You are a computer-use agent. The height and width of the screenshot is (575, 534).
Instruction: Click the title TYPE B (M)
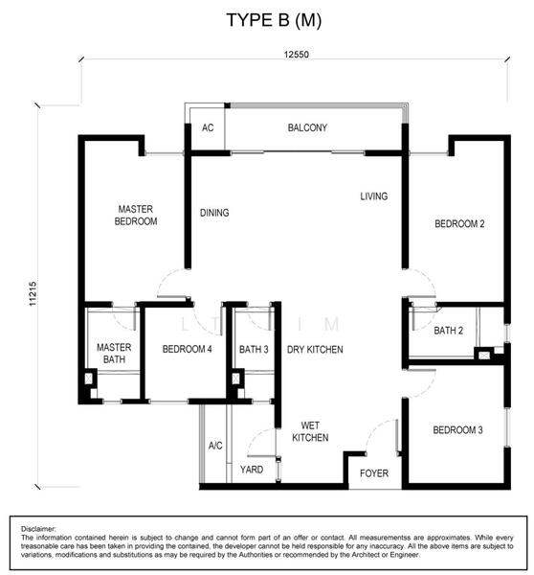click(274, 20)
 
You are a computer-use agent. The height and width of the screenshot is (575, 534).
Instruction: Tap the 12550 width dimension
click(297, 55)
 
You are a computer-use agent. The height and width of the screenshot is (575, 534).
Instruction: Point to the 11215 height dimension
click(33, 294)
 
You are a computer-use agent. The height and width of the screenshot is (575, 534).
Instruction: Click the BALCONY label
click(307, 127)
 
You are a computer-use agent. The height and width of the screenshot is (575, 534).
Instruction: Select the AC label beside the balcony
click(208, 127)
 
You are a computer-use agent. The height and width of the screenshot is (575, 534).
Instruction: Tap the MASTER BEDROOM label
click(136, 216)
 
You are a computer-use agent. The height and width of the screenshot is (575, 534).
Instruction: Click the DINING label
click(214, 213)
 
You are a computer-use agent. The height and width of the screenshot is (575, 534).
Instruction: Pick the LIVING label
click(373, 196)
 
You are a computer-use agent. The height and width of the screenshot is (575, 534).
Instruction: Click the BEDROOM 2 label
click(459, 223)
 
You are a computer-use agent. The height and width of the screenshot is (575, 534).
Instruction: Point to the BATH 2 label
click(448, 331)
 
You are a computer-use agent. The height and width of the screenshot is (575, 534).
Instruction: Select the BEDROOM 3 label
click(457, 429)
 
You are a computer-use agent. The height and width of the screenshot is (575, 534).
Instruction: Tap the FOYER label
click(374, 473)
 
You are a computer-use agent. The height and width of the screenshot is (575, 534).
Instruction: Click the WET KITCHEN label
click(310, 431)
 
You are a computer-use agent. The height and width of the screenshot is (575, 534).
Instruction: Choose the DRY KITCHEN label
click(315, 350)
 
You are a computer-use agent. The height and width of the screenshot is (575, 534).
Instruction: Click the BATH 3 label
click(254, 349)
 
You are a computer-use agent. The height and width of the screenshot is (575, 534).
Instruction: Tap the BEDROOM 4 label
click(187, 349)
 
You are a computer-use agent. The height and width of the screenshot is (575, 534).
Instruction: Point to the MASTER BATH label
click(114, 353)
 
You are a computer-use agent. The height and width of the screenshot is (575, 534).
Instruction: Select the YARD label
click(252, 470)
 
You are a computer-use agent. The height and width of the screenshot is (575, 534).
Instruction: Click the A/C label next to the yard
click(215, 446)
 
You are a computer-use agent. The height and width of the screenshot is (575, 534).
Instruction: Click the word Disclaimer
click(38, 529)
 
